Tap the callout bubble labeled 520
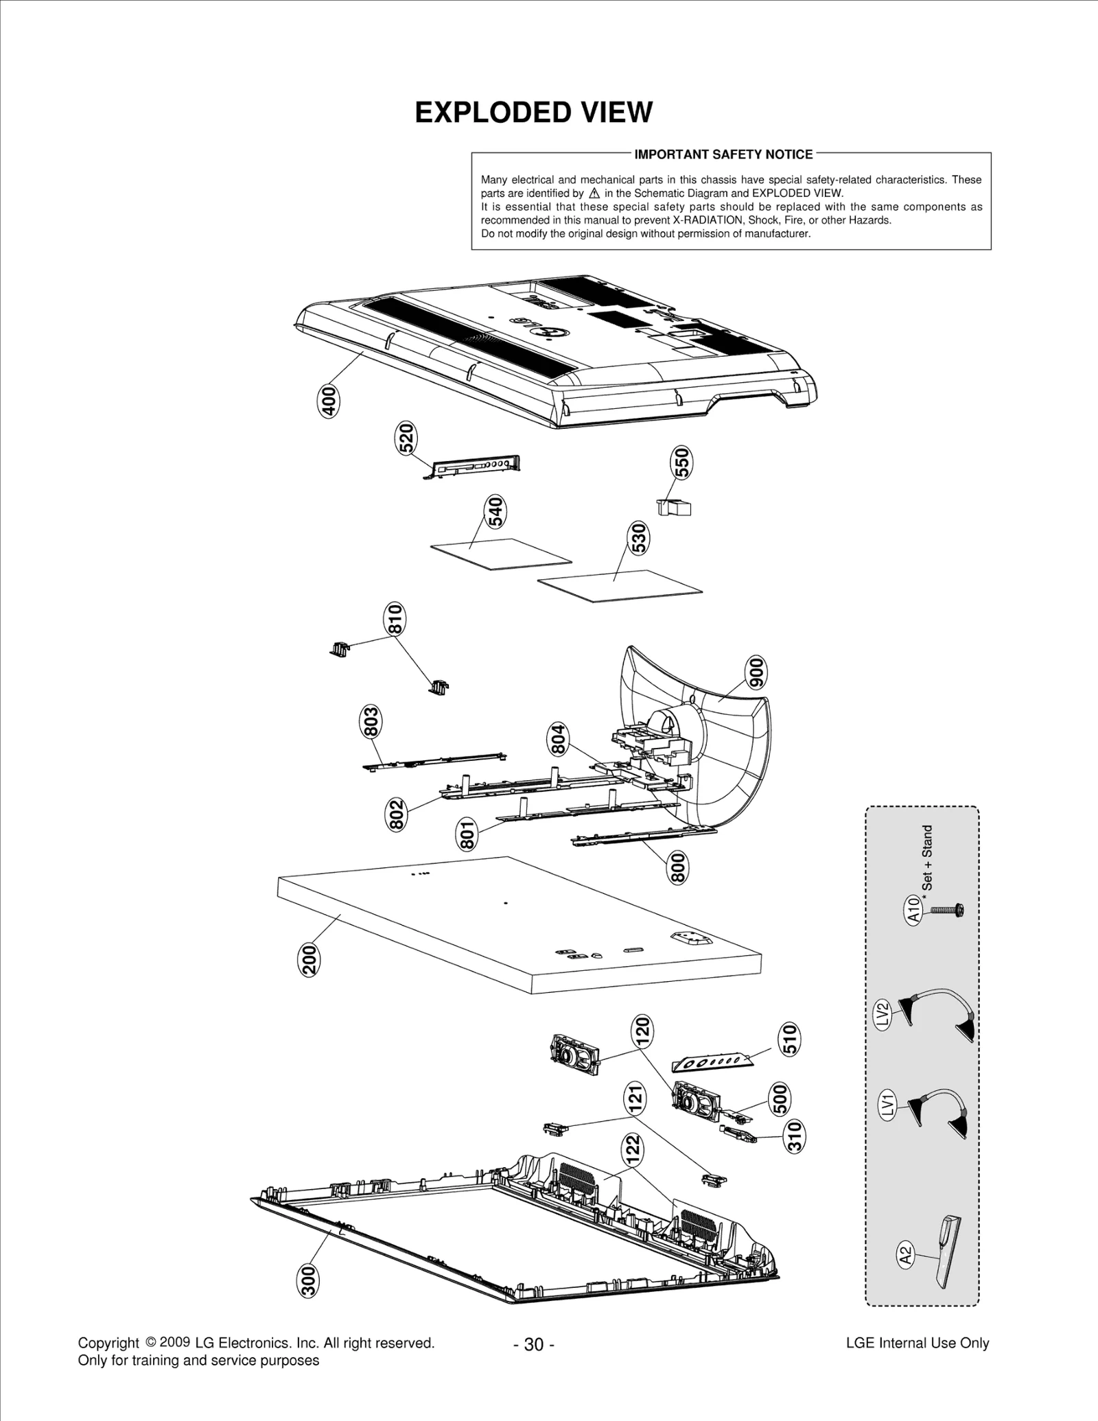pyautogui.click(x=406, y=438)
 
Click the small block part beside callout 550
pyautogui.click(x=675, y=508)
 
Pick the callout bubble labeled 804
pyautogui.click(x=559, y=739)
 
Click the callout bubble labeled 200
pyautogui.click(x=310, y=959)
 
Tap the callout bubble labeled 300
pyautogui.click(x=309, y=1281)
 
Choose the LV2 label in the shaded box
pyautogui.click(x=883, y=1013)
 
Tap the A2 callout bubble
pyautogui.click(x=906, y=1256)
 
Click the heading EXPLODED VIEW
pyautogui.click(x=533, y=113)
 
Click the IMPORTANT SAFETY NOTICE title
pyautogui.click(x=723, y=154)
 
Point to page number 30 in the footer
pyautogui.click(x=534, y=1344)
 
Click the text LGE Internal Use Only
pyautogui.click(x=918, y=1343)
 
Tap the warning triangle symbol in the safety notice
pyautogui.click(x=594, y=193)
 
